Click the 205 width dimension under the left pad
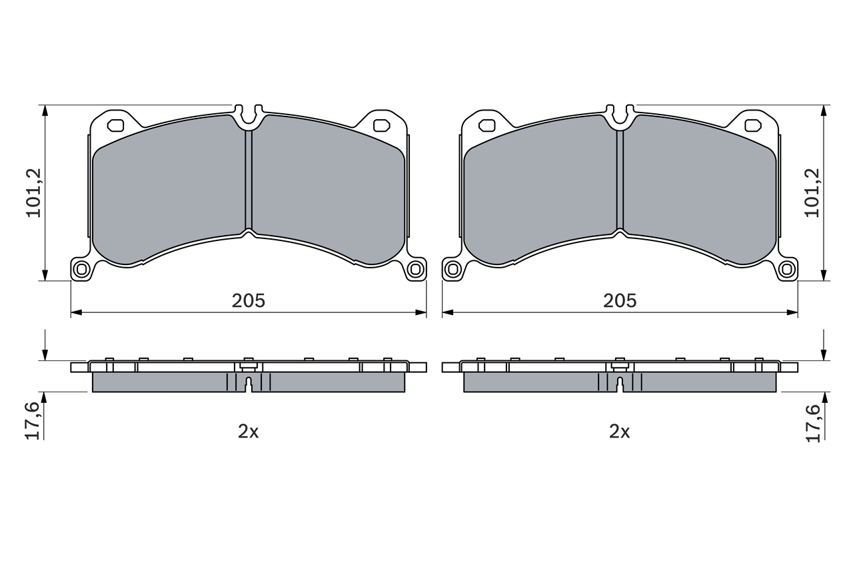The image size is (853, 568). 249,300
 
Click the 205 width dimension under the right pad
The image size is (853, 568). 620,300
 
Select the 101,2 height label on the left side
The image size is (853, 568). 34,192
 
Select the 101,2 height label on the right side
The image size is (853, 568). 812,192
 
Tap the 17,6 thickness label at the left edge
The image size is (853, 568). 34,421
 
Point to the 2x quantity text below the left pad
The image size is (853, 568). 249,431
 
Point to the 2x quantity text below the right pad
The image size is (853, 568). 620,431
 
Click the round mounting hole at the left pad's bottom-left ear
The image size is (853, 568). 82,269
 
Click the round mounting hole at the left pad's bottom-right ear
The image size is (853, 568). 415,269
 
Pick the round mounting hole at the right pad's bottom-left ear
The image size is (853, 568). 453,269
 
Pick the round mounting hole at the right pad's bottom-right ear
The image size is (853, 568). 787,269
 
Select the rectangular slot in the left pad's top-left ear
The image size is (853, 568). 116,125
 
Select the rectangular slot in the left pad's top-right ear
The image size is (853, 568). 381,125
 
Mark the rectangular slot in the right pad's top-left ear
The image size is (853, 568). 487,125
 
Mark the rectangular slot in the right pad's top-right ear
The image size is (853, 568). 753,125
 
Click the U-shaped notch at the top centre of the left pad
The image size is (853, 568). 249,117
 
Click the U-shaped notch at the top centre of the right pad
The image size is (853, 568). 620,117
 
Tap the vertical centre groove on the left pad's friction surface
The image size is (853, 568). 249,180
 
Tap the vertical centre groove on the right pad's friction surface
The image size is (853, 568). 620,180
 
